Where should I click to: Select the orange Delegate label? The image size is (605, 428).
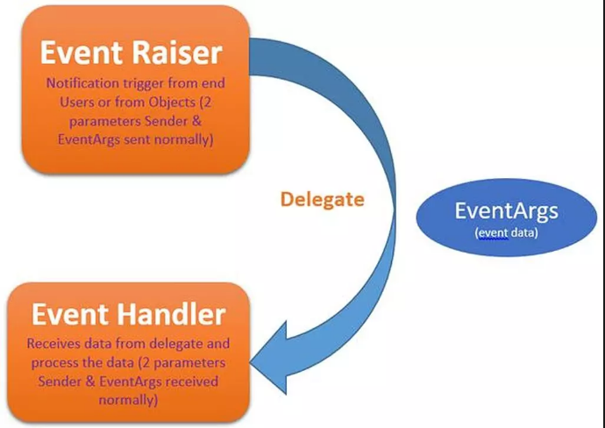[x=322, y=200]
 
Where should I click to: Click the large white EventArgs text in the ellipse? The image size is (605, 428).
[x=506, y=211]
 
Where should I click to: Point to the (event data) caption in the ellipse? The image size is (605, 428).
[x=506, y=233]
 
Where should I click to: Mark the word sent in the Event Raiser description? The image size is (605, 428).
[x=137, y=139]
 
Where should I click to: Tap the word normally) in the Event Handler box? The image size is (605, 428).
[x=128, y=400]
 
